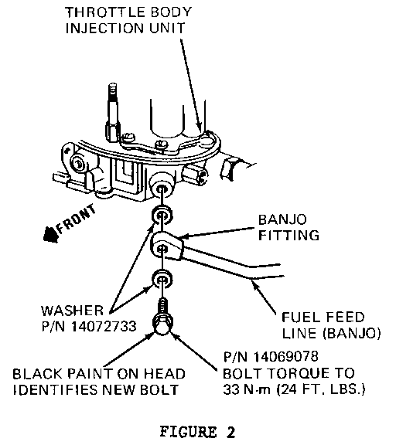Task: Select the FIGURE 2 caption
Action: point(198,432)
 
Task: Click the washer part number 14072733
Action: point(104,326)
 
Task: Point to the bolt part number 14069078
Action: point(285,357)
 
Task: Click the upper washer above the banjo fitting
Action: point(162,216)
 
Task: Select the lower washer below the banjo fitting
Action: point(162,280)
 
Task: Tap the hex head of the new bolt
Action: point(162,325)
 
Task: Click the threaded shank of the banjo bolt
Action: point(162,307)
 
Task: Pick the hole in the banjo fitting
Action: point(162,249)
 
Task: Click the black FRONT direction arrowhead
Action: point(50,234)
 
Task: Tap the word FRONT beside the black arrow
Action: point(76,219)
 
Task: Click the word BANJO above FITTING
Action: point(282,219)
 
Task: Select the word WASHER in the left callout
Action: point(72,311)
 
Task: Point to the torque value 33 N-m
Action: point(247,389)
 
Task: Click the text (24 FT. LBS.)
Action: point(321,389)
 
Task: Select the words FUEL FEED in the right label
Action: point(323,318)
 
